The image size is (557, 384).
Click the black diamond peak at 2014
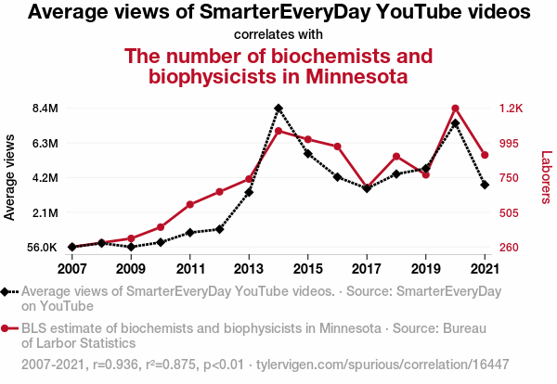click(278, 109)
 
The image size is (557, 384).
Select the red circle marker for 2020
click(456, 109)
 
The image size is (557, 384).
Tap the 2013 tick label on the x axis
click(249, 269)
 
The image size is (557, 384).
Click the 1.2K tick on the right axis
click(511, 109)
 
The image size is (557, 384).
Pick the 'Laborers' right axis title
click(546, 177)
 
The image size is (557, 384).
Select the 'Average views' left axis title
click(10, 177)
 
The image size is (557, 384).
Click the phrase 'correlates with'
click(278, 34)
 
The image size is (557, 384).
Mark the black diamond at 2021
click(486, 185)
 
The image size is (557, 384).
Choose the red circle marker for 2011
click(189, 204)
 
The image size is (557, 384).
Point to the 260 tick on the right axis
click(508, 248)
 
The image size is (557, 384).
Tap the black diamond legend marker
click(6, 291)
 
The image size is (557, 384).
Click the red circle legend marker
click(6, 328)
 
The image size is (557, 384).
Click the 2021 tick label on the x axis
click(486, 269)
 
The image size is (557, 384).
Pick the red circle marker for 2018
click(396, 157)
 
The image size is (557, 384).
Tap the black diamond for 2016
click(337, 177)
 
